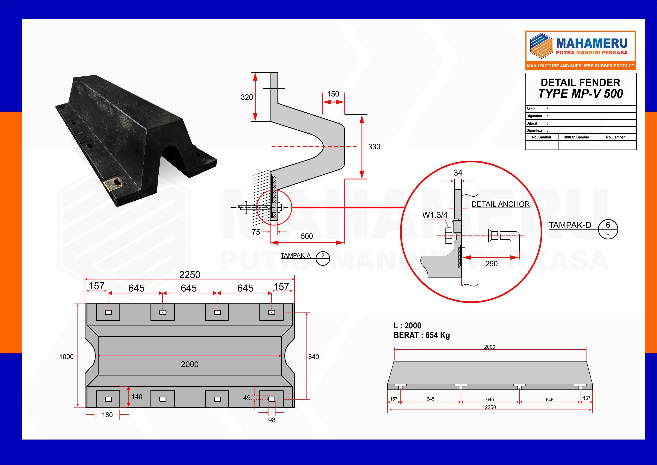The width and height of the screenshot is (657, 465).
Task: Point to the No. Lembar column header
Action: (615, 137)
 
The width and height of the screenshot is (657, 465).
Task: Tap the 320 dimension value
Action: (247, 97)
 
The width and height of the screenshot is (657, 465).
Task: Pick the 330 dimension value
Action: (374, 147)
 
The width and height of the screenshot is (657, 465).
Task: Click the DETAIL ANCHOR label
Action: (500, 204)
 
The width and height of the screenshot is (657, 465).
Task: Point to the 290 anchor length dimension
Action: (491, 264)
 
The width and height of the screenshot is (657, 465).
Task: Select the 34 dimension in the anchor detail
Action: (458, 173)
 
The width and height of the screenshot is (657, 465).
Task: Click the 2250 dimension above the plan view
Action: (189, 275)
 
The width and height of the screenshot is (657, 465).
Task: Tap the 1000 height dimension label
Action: (66, 357)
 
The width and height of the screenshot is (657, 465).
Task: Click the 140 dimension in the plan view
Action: (137, 397)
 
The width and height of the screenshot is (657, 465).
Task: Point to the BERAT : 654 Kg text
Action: (421, 335)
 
